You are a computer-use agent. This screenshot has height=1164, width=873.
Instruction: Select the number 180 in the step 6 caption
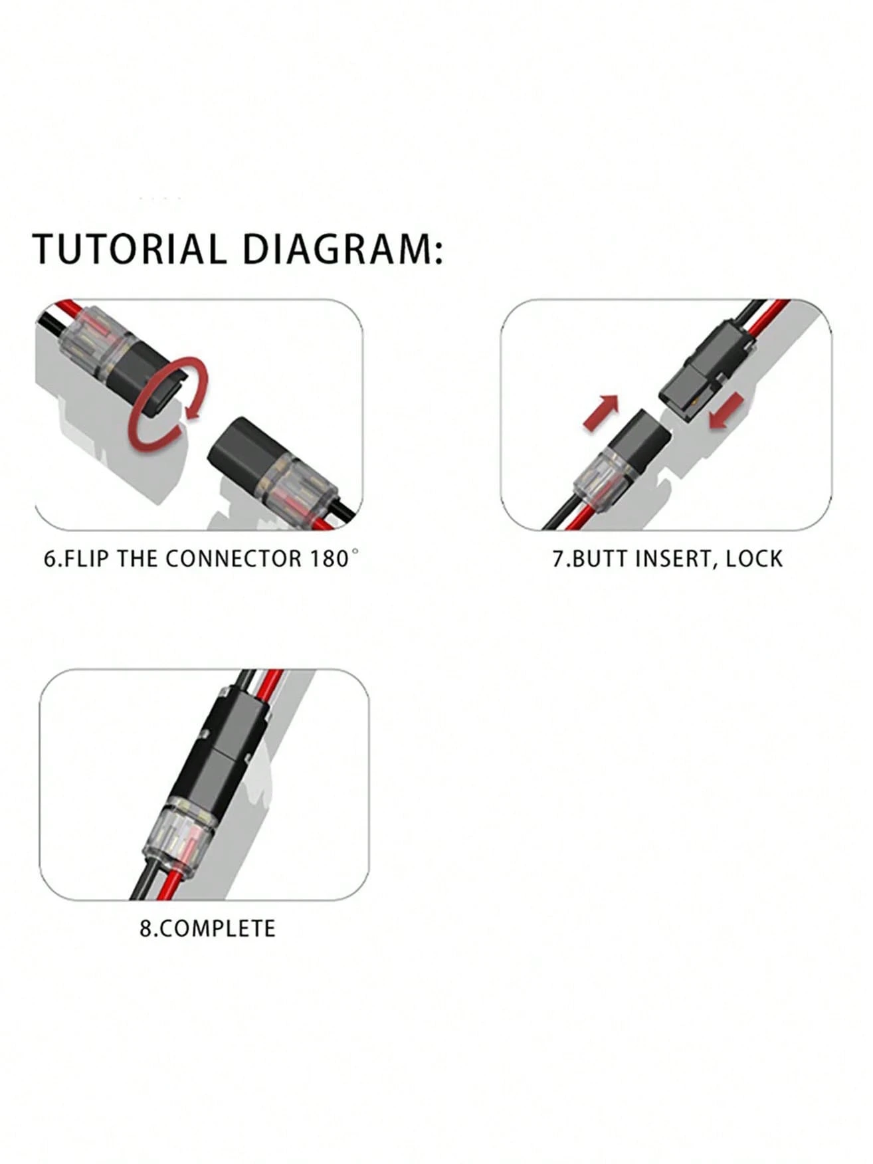click(328, 558)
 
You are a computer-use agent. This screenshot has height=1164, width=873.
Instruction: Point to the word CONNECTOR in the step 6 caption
click(233, 558)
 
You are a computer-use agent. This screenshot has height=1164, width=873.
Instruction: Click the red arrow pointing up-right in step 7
click(601, 412)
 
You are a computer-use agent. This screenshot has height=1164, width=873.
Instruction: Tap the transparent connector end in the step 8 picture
click(181, 834)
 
